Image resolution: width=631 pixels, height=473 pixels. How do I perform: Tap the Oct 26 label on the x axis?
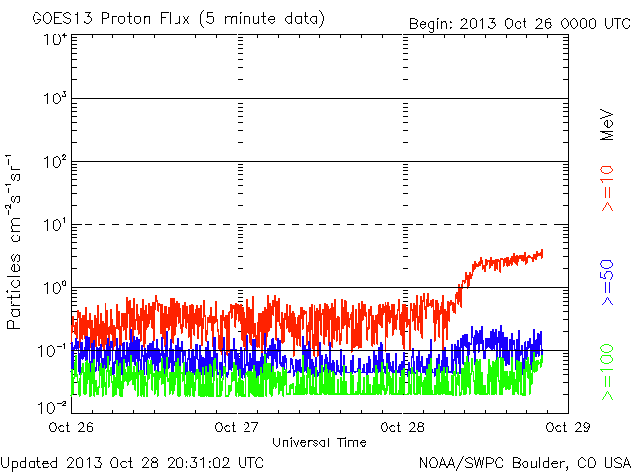tap(71, 427)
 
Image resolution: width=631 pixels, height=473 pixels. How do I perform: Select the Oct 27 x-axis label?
tap(237, 427)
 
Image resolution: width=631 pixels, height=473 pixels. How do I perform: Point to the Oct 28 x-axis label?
tap(402, 427)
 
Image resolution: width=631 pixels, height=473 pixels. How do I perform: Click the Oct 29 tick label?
tap(568, 427)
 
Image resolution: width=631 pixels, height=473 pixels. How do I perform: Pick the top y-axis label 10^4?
tap(54, 39)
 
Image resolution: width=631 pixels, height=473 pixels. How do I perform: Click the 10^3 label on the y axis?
tap(54, 98)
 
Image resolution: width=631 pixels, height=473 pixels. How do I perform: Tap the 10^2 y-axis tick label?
tap(54, 161)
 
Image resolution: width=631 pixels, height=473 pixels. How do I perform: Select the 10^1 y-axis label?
tap(54, 224)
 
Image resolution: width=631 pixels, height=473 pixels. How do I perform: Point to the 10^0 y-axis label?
tap(54, 287)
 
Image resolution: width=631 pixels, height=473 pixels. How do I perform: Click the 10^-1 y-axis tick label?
tap(52, 351)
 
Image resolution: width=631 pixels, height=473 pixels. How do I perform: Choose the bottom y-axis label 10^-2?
tap(52, 407)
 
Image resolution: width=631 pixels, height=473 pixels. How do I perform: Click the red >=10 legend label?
tap(608, 188)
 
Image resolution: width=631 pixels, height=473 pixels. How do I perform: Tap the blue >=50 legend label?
tap(608, 283)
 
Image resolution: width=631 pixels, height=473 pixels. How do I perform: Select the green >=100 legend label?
tap(608, 372)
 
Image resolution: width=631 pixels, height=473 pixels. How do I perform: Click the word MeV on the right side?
tap(607, 125)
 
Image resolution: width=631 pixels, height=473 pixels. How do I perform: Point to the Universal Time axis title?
tap(319, 442)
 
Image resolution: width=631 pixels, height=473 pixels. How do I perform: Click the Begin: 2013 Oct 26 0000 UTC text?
tap(520, 24)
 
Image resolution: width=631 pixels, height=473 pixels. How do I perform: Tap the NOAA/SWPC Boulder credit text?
tap(525, 463)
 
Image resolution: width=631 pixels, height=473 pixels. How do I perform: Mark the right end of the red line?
tap(543, 253)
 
